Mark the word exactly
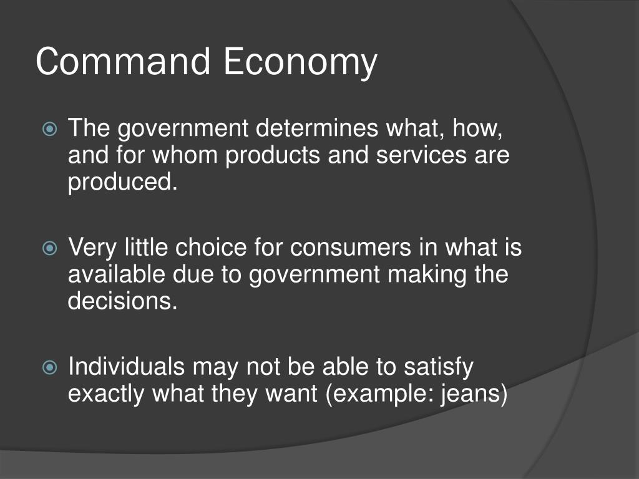click(x=106, y=394)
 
